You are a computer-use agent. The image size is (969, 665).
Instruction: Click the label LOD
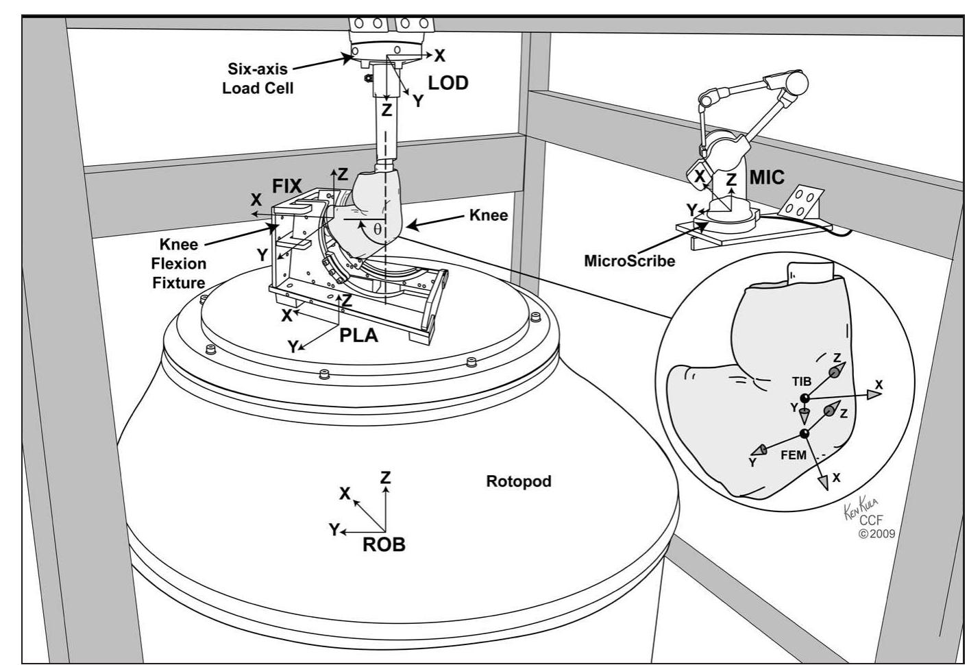448,83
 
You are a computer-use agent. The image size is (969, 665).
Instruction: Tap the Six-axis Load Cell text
258,79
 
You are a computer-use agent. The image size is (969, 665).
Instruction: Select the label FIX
288,186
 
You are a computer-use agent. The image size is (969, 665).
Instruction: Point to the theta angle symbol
377,229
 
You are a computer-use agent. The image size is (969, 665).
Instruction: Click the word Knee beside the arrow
488,215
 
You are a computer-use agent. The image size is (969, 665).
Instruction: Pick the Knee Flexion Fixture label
179,263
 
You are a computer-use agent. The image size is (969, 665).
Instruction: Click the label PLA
359,336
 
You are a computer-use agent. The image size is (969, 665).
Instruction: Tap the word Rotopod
518,481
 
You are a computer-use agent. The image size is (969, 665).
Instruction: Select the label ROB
384,545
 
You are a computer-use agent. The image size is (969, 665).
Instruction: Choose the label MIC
767,178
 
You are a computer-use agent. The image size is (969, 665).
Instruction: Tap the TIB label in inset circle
802,381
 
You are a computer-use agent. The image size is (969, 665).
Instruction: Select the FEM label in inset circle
794,455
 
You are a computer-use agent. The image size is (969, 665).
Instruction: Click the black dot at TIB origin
805,398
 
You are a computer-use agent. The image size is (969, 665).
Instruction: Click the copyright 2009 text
876,533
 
